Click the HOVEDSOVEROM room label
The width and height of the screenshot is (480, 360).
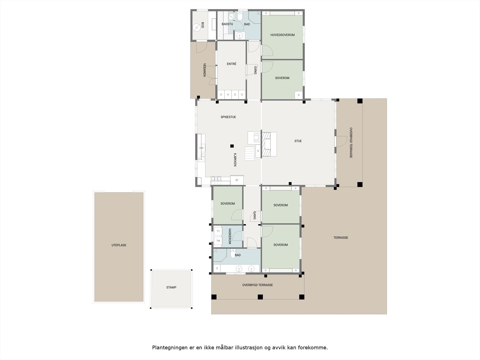click(x=282, y=35)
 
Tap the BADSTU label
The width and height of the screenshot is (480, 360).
click(x=227, y=24)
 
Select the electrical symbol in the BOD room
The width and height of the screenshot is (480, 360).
click(x=196, y=28)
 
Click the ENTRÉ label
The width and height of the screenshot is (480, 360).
click(x=231, y=64)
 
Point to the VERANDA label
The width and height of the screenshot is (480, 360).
click(x=205, y=70)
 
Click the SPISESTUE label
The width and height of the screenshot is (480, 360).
click(x=228, y=117)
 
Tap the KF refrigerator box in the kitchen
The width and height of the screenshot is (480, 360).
click(x=237, y=180)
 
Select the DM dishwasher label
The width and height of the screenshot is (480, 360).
click(x=201, y=148)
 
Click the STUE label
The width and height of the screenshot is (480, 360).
click(x=298, y=141)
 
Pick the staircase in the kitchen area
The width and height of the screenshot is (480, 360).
click(x=249, y=153)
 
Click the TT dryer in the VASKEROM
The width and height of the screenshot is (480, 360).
click(x=218, y=231)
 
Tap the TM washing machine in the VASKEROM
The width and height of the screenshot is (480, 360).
click(x=218, y=241)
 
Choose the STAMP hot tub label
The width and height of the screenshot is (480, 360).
click(x=171, y=287)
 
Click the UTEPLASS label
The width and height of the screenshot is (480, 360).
click(x=119, y=245)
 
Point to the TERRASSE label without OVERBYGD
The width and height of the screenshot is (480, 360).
click(x=341, y=238)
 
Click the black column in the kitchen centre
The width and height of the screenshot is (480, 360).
click(x=232, y=146)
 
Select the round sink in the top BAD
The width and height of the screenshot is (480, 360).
click(x=239, y=36)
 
